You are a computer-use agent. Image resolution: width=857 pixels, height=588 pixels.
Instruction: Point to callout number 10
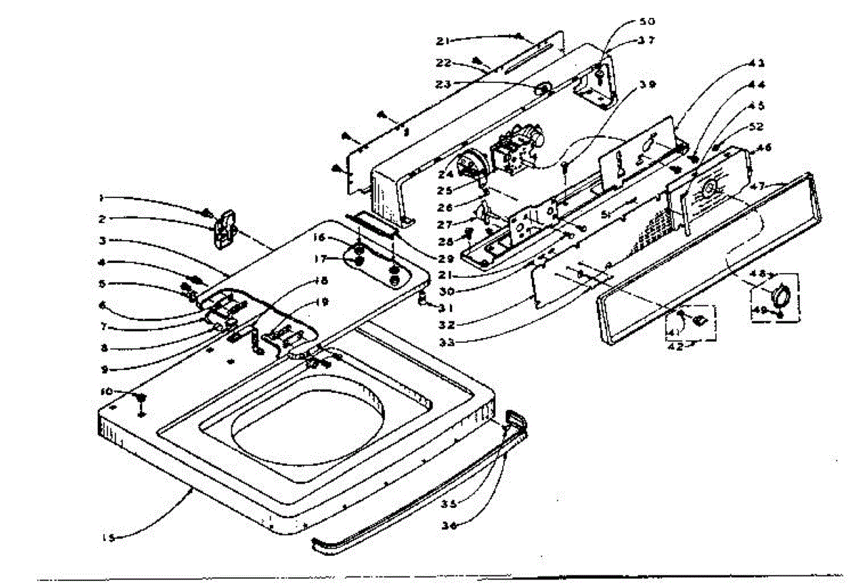106,392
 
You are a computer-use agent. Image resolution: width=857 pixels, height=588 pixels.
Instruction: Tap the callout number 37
646,41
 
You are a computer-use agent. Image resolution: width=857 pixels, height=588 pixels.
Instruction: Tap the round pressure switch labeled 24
471,165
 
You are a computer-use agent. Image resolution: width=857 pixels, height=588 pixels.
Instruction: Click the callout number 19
323,302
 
